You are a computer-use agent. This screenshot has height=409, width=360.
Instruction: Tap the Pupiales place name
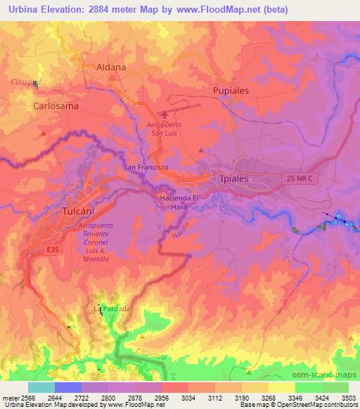(x=233, y=90)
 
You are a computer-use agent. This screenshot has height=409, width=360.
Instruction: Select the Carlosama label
(x=56, y=105)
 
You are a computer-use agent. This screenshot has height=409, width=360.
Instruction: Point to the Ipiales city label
(x=234, y=178)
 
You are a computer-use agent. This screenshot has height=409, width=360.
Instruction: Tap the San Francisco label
(x=146, y=167)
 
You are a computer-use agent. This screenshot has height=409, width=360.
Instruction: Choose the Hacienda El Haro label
(x=180, y=202)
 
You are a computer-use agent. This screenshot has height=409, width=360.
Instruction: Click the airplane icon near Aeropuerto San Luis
(x=165, y=114)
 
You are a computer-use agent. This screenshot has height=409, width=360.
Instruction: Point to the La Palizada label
(x=112, y=309)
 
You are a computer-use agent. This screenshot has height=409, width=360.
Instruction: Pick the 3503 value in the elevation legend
(x=341, y=397)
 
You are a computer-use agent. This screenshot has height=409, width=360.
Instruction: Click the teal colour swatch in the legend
(x=41, y=387)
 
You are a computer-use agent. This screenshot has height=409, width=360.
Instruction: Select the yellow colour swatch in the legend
(x=281, y=387)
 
